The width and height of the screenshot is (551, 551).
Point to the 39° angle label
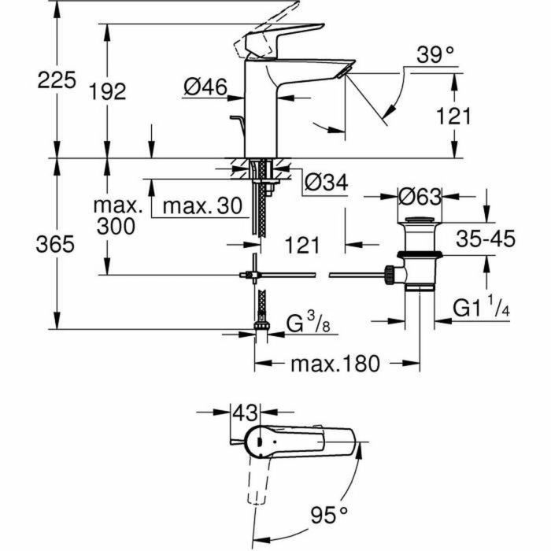click(x=436, y=55)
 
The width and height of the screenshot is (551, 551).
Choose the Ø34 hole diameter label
click(x=324, y=183)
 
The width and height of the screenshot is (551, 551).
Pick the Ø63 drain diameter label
click(x=420, y=194)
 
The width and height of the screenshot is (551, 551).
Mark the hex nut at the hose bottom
click(x=260, y=325)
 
